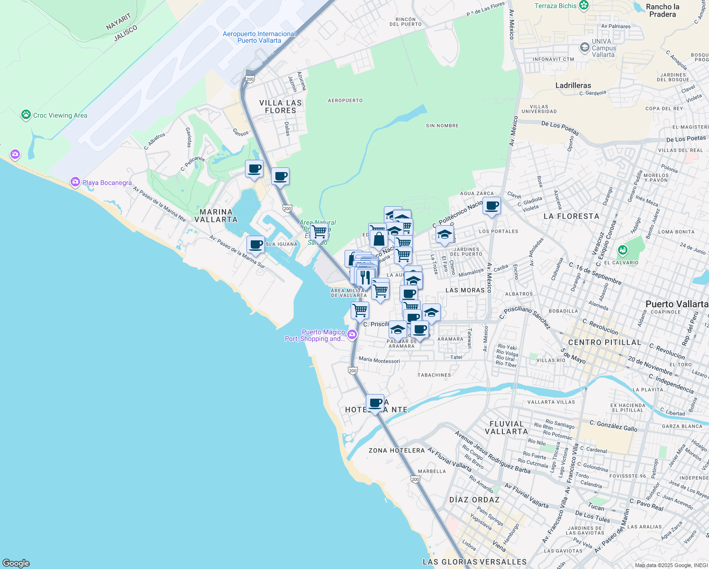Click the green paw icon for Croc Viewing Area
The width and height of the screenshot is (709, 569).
click(26, 115)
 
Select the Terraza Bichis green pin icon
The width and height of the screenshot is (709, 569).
click(584, 6)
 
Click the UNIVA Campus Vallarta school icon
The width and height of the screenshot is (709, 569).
click(585, 47)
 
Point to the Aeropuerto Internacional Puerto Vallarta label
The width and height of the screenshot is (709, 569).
click(259, 37)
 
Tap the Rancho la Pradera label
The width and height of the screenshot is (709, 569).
click(663, 10)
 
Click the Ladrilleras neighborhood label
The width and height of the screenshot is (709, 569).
click(573, 85)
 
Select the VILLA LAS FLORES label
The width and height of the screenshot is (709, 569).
click(281, 107)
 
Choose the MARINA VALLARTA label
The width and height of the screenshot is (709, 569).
click(216, 216)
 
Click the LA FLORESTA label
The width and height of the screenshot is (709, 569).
click(571, 216)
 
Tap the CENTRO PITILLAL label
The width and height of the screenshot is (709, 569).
click(604, 342)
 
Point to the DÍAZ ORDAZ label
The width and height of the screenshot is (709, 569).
click(474, 500)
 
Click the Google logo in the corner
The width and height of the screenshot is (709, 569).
click(16, 563)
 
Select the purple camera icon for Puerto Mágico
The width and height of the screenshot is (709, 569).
click(352, 335)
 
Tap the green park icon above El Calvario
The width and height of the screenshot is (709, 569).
click(623, 250)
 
